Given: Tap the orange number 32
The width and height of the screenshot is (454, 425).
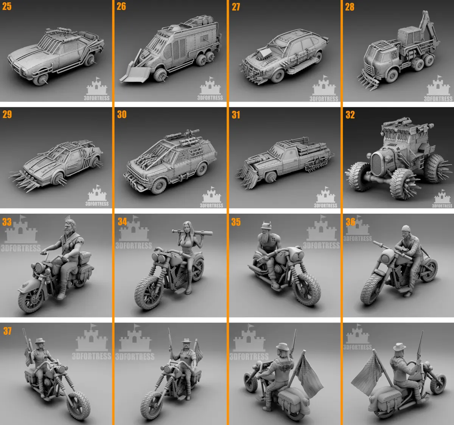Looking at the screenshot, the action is point(350,115).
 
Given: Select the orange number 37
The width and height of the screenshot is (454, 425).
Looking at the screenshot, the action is point(7,331).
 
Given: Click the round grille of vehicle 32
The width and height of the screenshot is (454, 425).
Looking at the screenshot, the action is point(377,164).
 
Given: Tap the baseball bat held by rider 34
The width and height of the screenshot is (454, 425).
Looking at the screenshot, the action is point(193,233).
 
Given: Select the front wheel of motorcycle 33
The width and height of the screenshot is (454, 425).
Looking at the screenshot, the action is point(31,301).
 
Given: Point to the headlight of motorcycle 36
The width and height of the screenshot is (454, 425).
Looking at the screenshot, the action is point(386,256).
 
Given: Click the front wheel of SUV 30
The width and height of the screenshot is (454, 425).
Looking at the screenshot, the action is point(159,185).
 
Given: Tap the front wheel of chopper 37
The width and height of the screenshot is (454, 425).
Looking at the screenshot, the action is point(79,405).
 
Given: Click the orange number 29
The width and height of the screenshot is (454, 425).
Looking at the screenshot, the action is point(7,114).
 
